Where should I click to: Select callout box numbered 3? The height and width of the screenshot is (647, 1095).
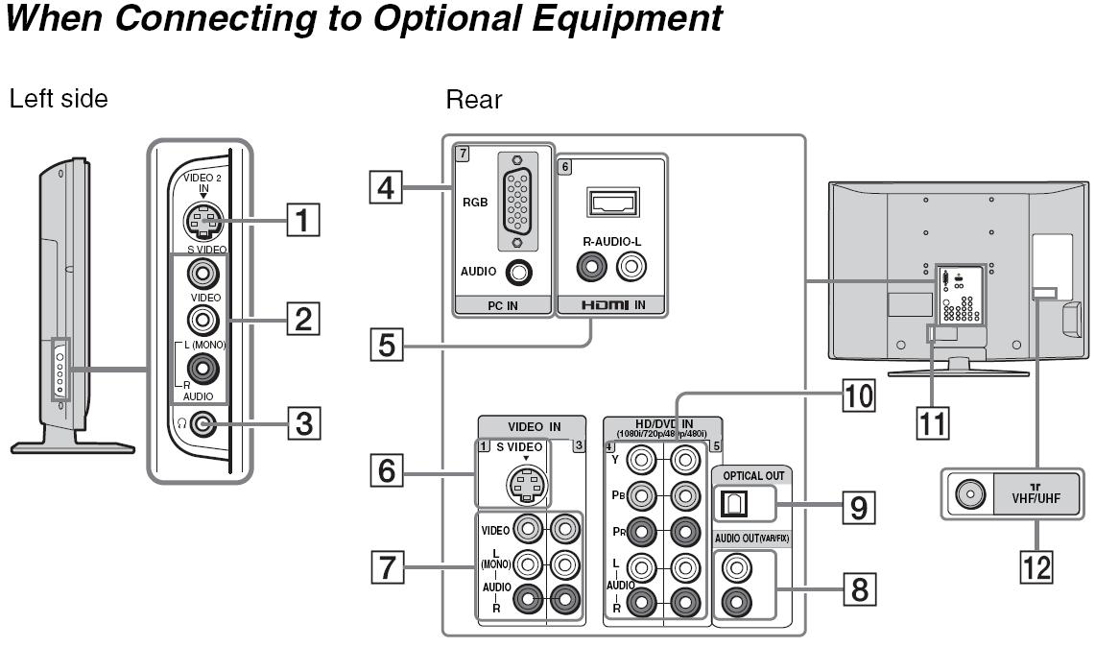click(302, 423)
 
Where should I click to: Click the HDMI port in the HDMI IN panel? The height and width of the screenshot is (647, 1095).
click(611, 204)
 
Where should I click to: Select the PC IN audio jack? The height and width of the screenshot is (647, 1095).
click(519, 272)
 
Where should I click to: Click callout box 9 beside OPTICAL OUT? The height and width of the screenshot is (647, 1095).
click(858, 506)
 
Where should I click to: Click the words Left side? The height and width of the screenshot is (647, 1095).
click(59, 98)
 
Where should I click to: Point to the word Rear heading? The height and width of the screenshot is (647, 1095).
click(474, 99)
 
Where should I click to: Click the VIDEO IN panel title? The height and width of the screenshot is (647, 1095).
click(534, 426)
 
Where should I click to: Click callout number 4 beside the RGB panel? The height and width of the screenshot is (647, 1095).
click(387, 184)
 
